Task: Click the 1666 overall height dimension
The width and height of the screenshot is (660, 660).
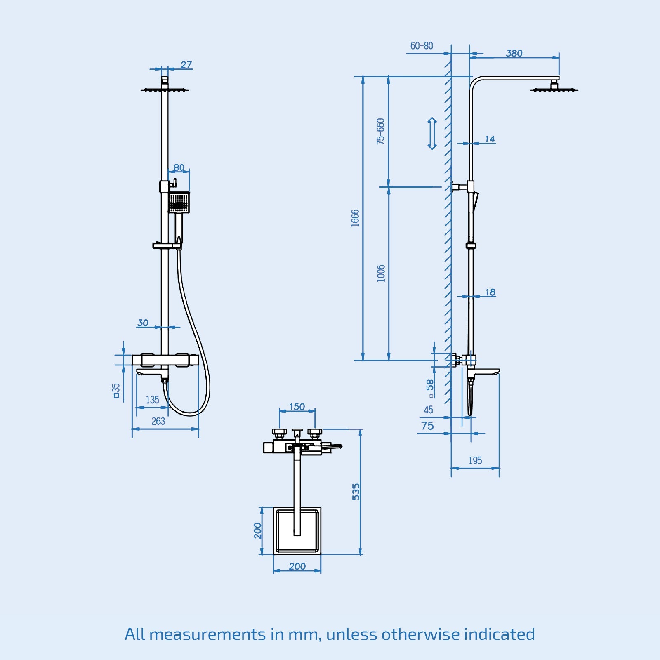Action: tap(355, 218)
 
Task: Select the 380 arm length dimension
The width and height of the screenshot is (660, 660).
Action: tap(514, 53)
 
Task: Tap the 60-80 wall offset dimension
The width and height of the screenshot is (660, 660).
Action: tap(422, 46)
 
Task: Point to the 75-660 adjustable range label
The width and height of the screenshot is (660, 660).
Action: tap(380, 131)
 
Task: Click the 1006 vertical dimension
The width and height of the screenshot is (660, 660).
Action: tap(381, 273)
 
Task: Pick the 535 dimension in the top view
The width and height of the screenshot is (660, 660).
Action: tap(356, 492)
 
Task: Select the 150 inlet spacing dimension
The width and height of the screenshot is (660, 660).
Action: tap(297, 407)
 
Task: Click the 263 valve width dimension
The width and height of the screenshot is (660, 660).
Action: tap(158, 421)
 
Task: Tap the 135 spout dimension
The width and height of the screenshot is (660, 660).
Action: tap(152, 400)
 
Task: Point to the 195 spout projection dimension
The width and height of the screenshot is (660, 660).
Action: tap(475, 460)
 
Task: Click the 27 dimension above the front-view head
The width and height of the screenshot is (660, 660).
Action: tap(186, 65)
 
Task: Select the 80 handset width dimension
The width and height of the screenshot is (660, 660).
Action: tap(179, 167)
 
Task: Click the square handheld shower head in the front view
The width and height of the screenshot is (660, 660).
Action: tap(179, 203)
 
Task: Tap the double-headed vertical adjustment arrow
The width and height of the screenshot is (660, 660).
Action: tap(432, 133)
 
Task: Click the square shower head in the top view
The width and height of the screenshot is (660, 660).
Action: tap(297, 530)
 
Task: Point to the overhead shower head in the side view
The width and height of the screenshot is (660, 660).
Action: tap(554, 89)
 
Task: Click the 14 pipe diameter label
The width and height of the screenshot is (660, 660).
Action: tap(490, 139)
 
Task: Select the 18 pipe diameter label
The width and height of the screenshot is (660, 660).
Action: tap(490, 292)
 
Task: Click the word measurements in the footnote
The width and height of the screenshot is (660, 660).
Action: tap(207, 634)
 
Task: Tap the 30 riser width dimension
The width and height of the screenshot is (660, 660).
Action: tap(143, 323)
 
